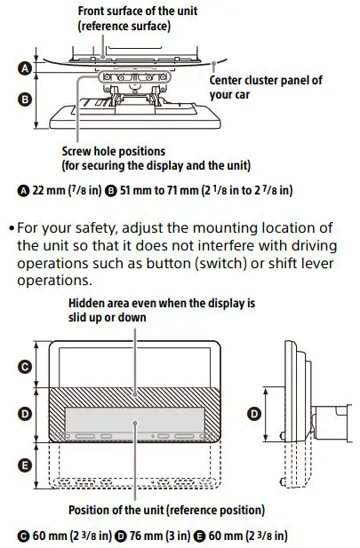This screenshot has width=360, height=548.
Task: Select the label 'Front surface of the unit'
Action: point(138,11)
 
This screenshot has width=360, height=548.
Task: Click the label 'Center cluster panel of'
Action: point(266,80)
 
